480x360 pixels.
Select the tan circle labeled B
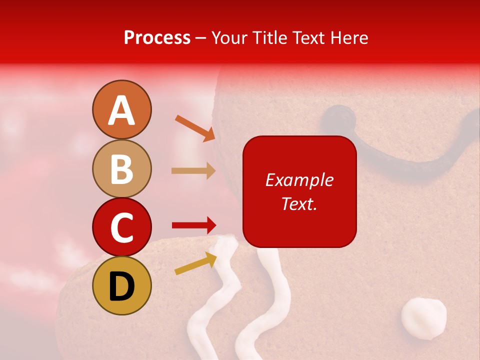[122, 168]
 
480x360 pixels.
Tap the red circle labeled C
[122, 227]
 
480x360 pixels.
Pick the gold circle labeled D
[122, 285]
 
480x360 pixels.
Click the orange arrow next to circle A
[195, 128]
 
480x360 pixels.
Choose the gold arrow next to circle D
[195, 263]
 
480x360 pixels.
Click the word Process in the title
[157, 37]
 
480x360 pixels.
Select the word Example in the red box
[299, 180]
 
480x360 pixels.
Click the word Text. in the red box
[299, 203]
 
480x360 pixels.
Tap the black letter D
[122, 286]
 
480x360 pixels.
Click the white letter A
[122, 110]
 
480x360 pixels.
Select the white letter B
[122, 169]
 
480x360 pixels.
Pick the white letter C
[122, 228]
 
